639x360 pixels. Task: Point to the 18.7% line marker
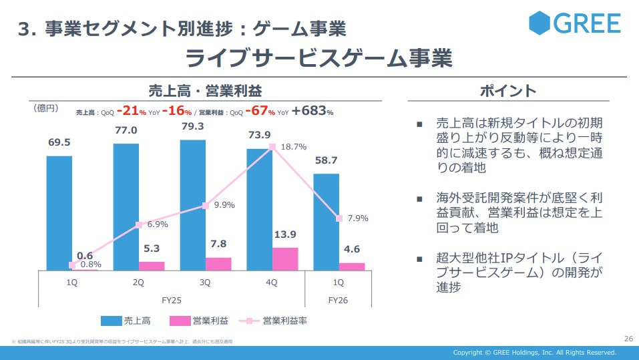click(x=272, y=147)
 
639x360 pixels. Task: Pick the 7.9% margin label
click(x=358, y=218)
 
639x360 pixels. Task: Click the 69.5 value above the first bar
click(x=59, y=142)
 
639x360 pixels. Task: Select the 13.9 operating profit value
click(x=285, y=234)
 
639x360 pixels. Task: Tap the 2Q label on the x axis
click(x=138, y=283)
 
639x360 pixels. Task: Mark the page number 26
click(x=627, y=339)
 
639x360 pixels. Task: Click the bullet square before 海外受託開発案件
click(x=419, y=199)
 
